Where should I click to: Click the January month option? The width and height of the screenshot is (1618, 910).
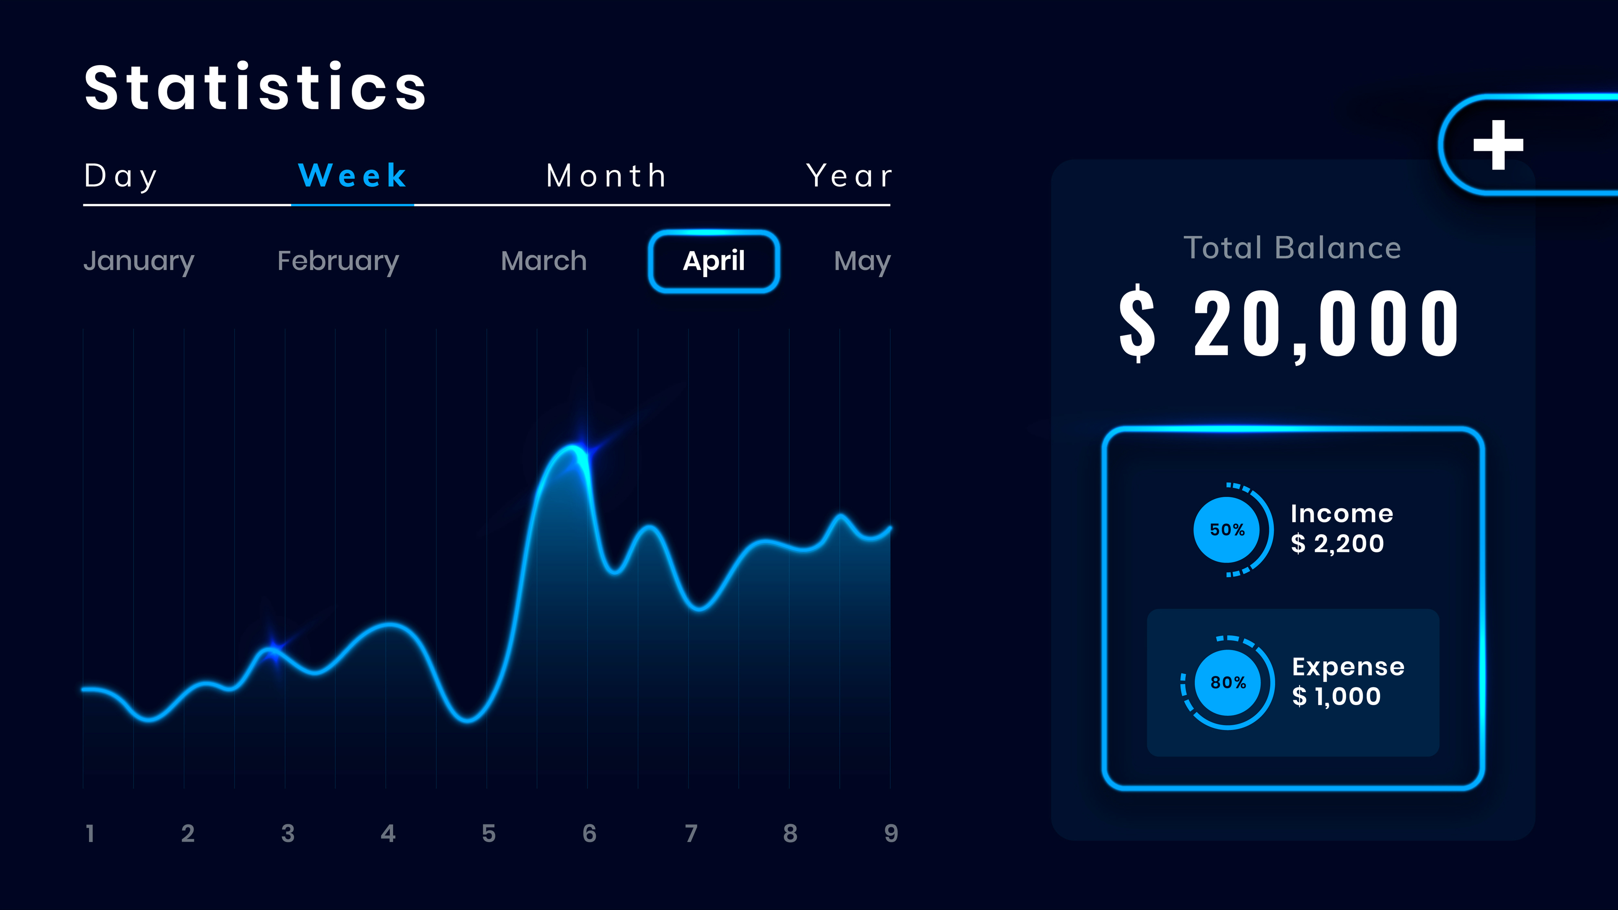139,261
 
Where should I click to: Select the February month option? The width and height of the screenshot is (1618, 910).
338,261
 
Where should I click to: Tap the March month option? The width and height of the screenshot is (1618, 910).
544,261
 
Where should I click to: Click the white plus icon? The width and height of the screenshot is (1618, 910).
1498,145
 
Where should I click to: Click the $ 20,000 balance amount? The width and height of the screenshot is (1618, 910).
1289,323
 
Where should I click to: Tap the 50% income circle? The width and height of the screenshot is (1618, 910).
1227,530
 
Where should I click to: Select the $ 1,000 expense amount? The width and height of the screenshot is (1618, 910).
1336,696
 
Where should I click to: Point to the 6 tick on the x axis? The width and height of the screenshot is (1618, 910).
589,833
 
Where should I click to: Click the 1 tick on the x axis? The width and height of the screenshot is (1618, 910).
90,833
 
